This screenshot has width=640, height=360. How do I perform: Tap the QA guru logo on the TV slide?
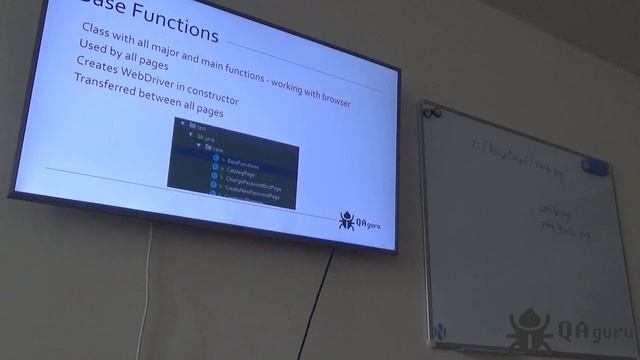point(360,221)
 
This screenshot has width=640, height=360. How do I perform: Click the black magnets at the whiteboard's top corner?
point(431,113)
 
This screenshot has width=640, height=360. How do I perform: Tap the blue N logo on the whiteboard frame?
point(440,329)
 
